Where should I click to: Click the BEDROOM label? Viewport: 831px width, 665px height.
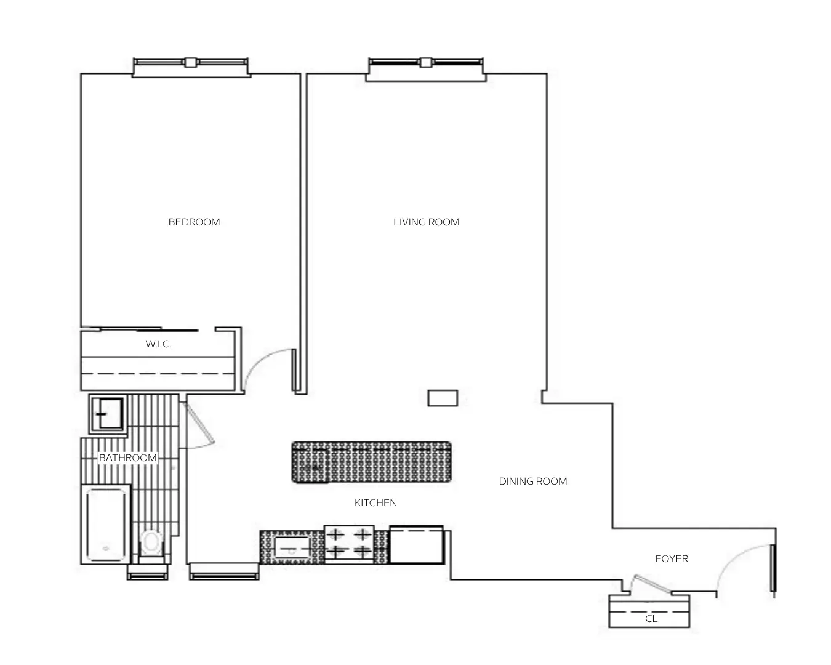coord(194,222)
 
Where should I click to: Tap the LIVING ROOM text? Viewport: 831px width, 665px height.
coord(426,222)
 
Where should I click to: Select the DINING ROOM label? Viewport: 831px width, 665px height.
coord(532,481)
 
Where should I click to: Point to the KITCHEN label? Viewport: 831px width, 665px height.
coord(375,502)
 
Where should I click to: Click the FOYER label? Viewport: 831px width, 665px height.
coord(672,558)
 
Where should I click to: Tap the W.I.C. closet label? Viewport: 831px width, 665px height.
coord(158,344)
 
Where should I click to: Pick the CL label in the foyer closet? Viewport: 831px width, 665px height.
coord(651,619)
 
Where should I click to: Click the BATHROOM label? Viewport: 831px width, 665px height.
coord(128,458)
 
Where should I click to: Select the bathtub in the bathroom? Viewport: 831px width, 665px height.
coord(106,525)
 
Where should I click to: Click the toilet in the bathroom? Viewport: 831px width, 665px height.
coord(151,544)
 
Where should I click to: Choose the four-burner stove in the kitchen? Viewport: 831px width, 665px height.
coord(349,544)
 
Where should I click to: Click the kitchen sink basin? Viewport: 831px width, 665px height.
coord(292,548)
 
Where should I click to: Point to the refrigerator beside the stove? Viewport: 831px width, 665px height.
coord(417,544)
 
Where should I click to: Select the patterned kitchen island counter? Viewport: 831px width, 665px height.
coord(371,462)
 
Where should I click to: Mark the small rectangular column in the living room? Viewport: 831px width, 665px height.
coord(443,398)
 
